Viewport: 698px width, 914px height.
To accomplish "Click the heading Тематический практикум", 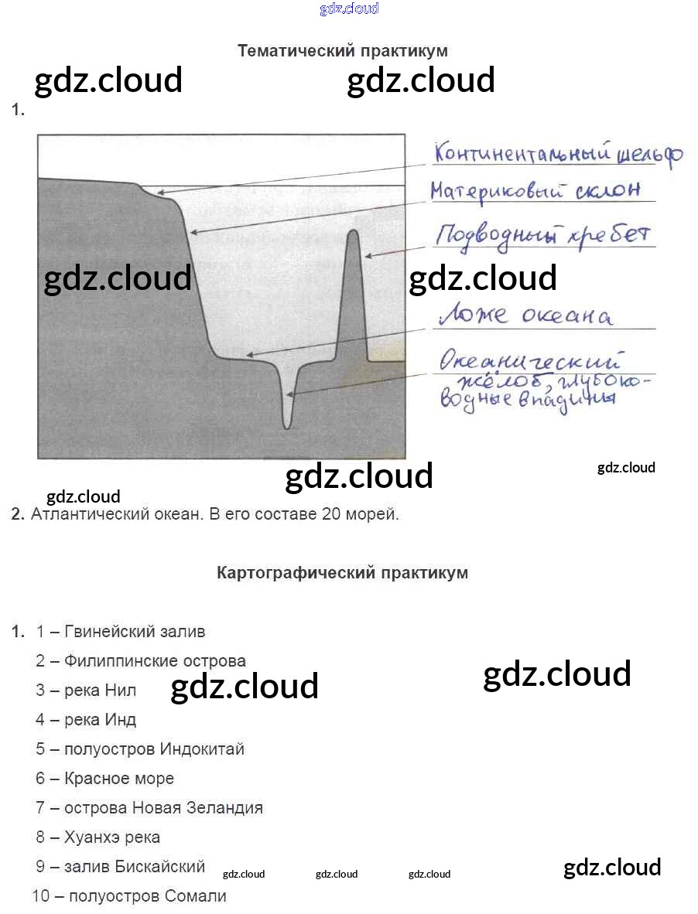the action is (x=342, y=51).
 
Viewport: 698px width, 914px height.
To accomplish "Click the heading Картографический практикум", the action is (x=342, y=573).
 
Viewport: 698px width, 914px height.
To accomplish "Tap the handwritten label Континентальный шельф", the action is (x=557, y=153).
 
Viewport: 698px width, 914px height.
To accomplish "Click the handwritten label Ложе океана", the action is (x=526, y=316).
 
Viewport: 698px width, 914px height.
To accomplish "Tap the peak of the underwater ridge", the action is (x=354, y=232).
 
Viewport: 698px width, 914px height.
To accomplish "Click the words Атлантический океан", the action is (x=116, y=514).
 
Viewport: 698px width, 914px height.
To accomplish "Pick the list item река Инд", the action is (x=101, y=720).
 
